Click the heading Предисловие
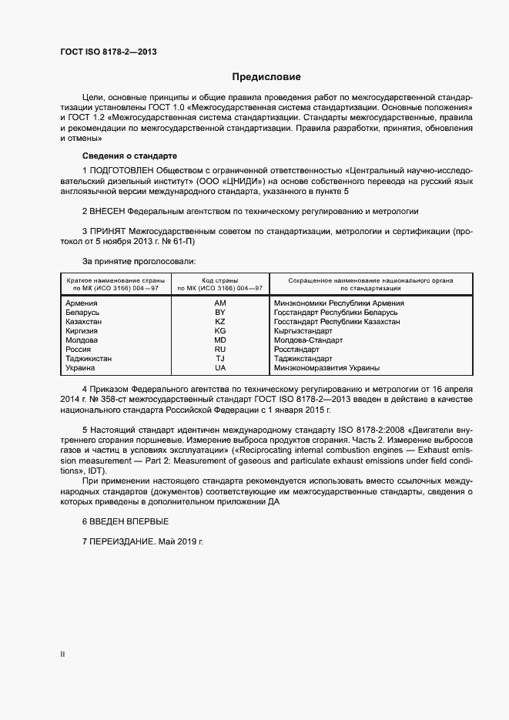[266, 77]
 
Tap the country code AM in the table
[219, 303]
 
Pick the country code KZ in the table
[219, 322]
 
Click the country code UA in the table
[219, 368]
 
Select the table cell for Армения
[82, 303]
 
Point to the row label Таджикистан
[89, 359]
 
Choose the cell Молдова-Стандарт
[308, 340]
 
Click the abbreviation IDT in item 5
[99, 471]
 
